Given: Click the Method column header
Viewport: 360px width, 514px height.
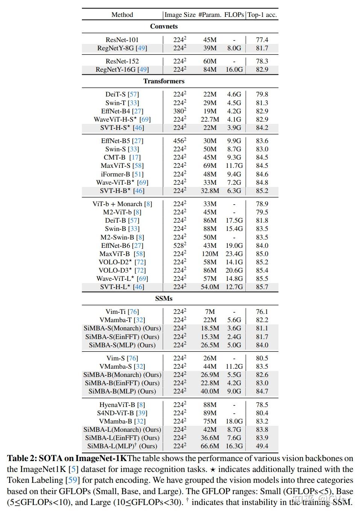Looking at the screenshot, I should click(122, 15).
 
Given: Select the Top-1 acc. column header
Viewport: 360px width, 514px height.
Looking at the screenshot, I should click(262, 15).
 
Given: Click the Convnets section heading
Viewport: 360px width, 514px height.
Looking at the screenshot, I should click(164, 26).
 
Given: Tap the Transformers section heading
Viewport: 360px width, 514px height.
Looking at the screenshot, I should click(164, 81).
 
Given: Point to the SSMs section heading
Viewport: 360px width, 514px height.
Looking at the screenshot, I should click(164, 298).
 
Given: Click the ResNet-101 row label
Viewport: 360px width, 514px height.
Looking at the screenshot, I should click(122, 39).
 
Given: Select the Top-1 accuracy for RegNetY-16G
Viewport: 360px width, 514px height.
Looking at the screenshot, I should click(262, 69).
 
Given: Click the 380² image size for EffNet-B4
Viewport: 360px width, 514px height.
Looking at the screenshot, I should click(180, 111).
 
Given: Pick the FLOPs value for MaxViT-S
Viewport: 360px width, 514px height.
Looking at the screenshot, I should click(234, 166).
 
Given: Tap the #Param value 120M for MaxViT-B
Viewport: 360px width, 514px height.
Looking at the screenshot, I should click(210, 254).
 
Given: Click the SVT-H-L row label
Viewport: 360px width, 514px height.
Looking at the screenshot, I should click(122, 287).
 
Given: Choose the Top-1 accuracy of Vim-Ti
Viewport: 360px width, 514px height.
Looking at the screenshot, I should click(262, 312).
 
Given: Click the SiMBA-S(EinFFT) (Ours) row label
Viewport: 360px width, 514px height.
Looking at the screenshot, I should click(122, 337).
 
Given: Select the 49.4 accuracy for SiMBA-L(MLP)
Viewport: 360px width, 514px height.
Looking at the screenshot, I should click(262, 446).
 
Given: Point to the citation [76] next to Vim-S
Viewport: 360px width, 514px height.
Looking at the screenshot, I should click(132, 358).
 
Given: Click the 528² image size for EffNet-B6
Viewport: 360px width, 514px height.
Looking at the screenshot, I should click(180, 246).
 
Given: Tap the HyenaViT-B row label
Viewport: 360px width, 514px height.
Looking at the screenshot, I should click(122, 405).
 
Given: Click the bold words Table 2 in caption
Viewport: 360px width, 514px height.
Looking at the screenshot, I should click(21, 458).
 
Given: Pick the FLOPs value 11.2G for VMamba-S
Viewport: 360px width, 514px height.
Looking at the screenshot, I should click(234, 366).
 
